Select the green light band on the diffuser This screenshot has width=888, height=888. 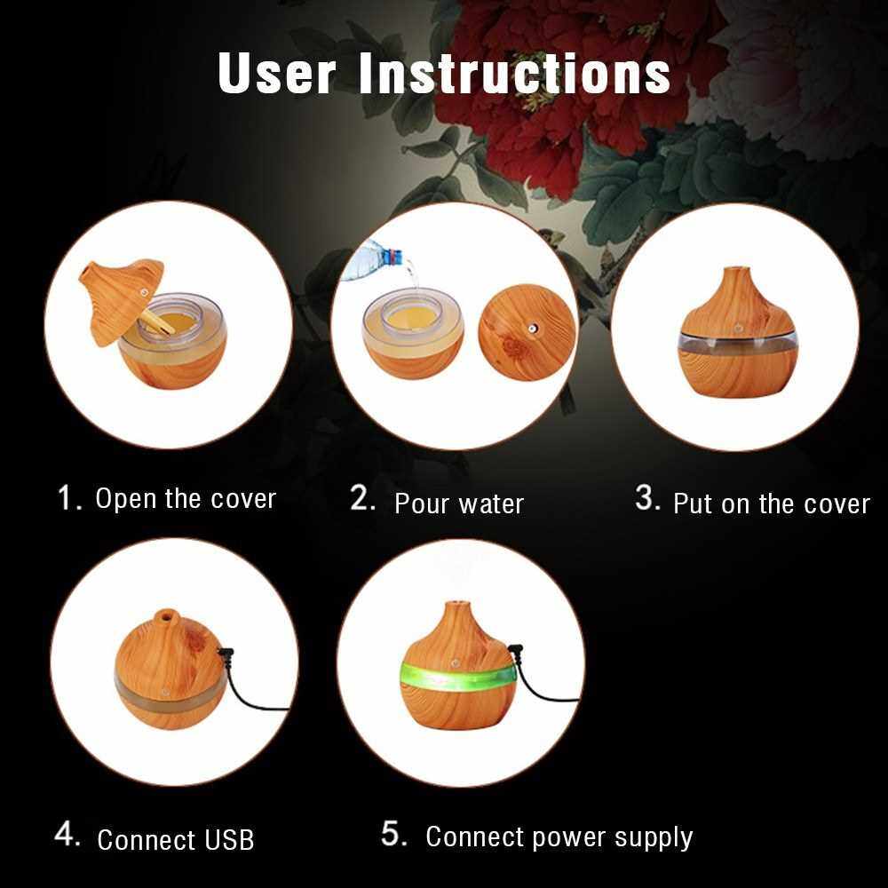459,672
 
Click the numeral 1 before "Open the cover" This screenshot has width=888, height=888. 67,498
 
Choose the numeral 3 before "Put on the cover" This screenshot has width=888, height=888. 646,498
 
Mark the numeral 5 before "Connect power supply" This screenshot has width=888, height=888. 393,833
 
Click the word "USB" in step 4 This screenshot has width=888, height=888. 229,839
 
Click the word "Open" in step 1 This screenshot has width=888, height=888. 126,499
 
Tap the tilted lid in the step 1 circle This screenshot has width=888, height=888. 121,300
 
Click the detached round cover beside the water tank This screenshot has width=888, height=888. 527,332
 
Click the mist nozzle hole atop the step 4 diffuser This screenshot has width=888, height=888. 165,614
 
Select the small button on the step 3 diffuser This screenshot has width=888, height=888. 739,327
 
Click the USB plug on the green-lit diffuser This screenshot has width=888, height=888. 515,651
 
